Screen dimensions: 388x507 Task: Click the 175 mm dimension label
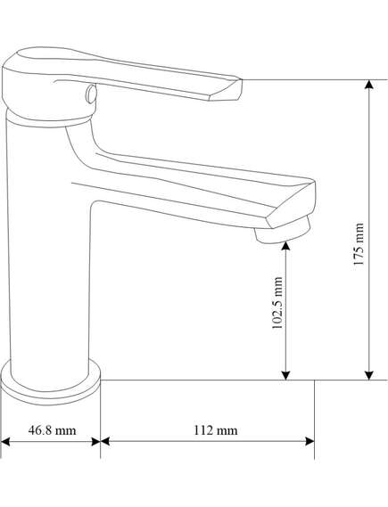coord(359,244)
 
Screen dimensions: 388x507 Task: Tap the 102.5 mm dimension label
coord(277,303)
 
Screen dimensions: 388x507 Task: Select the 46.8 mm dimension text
coord(52,430)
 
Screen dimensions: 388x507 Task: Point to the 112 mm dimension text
coord(216,430)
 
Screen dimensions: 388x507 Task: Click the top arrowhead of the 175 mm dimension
coord(369,84)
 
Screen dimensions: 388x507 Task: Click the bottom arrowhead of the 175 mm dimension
coord(369,375)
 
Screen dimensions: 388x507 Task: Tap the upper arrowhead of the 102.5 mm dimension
coord(285,247)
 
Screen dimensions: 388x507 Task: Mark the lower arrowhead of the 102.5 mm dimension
coord(285,375)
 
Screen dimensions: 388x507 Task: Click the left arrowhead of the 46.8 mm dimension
coord(5,442)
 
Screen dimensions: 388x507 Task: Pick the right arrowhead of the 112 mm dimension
coord(310,441)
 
